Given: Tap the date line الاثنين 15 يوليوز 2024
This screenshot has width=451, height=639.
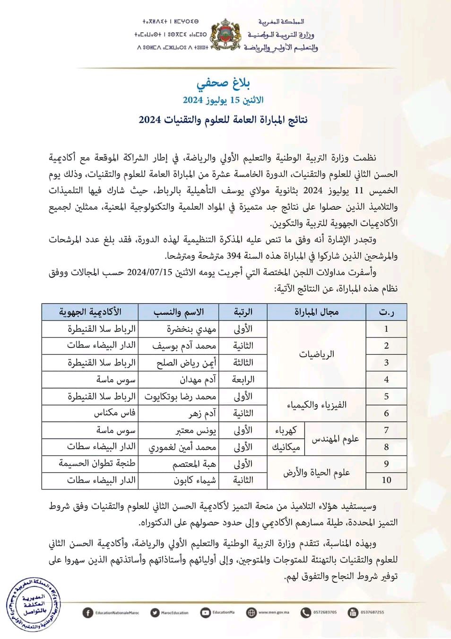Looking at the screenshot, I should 223,100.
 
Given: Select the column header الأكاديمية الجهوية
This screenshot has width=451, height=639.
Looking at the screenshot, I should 90,312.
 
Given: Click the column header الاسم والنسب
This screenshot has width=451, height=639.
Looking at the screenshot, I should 179,312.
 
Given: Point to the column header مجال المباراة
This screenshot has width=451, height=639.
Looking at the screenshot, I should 316,312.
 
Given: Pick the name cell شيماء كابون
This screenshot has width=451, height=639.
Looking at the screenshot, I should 194,480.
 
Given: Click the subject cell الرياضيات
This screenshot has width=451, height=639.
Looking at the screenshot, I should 316,354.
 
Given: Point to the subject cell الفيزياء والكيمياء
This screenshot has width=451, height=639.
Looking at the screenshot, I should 316,405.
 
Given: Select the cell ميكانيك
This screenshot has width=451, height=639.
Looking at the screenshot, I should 286,447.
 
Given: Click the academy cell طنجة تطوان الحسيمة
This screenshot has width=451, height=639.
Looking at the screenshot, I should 97,464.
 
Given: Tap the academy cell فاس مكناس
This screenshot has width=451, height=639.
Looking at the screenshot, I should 114,413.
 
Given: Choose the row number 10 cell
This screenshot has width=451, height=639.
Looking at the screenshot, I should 386,480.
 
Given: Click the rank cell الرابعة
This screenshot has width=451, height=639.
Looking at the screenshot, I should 243,379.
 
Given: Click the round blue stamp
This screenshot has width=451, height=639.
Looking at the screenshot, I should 33,605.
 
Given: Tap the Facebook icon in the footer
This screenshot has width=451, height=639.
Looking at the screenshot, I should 87,612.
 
